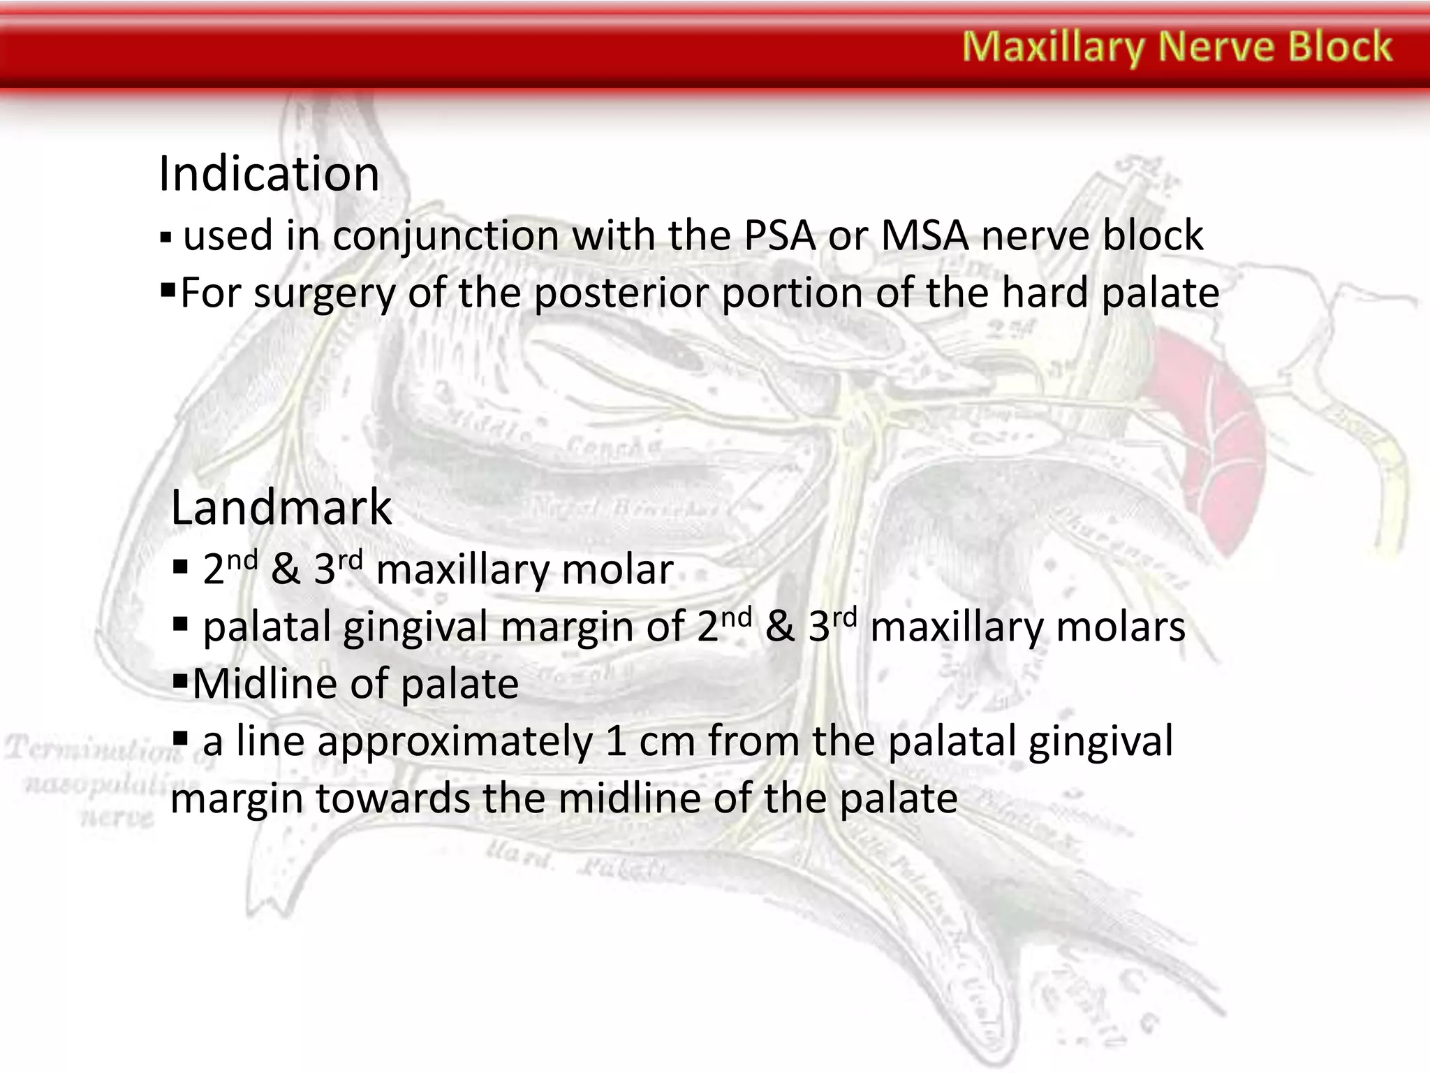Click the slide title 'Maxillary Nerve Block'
[x=1177, y=47]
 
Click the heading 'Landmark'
[x=281, y=507]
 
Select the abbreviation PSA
[x=779, y=235]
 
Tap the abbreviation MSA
[x=924, y=235]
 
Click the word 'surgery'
[x=324, y=294]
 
